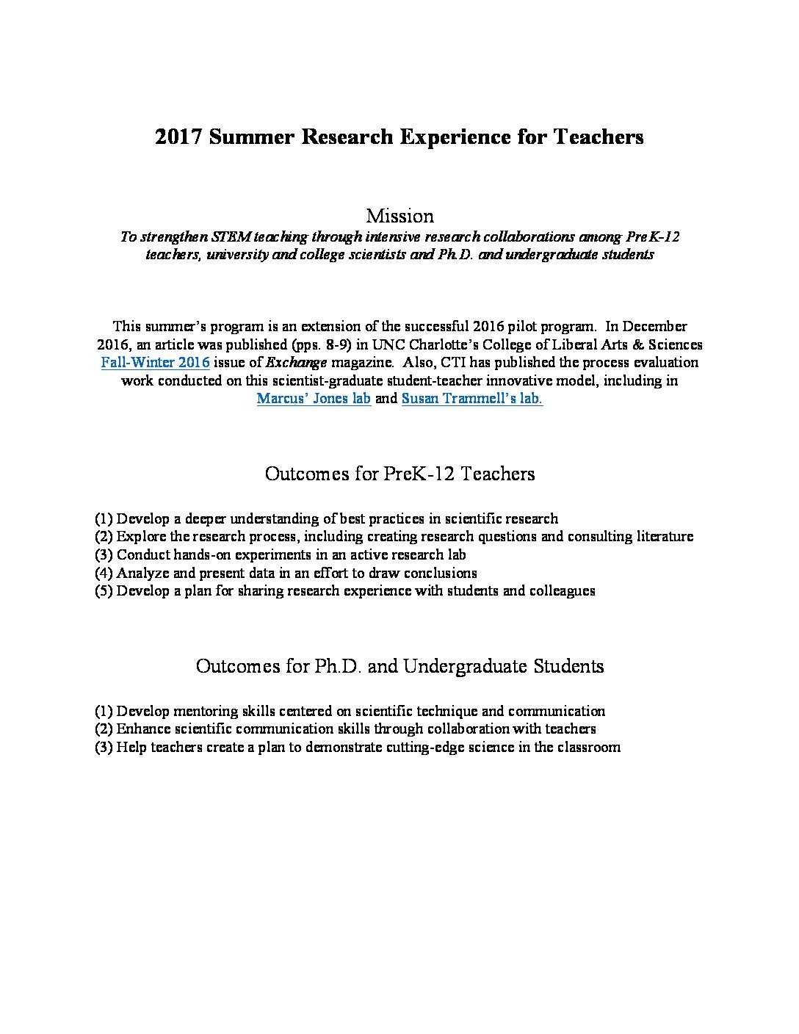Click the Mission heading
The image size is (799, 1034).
[399, 216]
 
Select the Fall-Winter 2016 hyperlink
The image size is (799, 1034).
[156, 363]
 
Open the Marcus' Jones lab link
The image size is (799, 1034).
[314, 399]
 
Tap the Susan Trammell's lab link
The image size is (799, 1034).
[472, 399]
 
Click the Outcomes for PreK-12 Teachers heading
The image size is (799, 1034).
[399, 474]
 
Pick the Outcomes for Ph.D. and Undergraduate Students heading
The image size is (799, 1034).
[399, 666]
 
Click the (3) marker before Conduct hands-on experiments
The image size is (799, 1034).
[104, 554]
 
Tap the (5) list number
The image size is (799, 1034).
[104, 590]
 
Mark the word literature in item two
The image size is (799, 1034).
[659, 536]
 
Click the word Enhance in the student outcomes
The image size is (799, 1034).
[144, 728]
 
